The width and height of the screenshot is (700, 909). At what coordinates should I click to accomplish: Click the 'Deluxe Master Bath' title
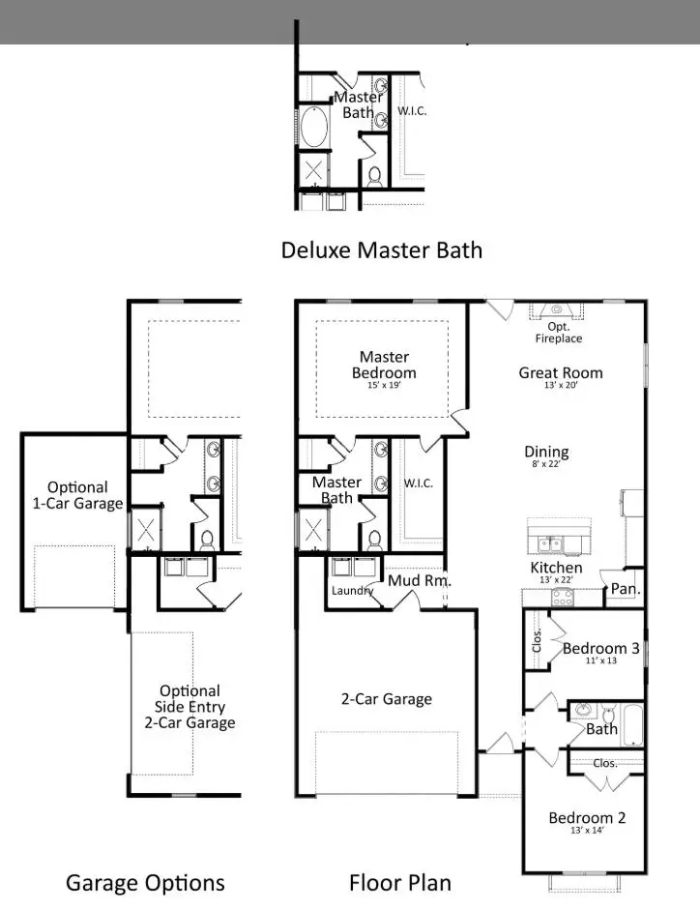pos(381,250)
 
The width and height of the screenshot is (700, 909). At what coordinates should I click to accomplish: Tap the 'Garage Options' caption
pos(145,882)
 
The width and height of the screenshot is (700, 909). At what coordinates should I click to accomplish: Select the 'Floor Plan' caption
pos(399,882)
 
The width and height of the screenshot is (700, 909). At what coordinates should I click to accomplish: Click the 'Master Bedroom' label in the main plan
pos(384,366)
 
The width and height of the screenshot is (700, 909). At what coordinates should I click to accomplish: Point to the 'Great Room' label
pos(560,373)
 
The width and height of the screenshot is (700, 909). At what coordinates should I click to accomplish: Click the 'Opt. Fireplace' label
pos(558,333)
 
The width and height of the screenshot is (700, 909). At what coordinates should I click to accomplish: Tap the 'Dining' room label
pos(546,453)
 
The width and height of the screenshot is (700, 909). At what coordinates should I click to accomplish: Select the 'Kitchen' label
pos(556,568)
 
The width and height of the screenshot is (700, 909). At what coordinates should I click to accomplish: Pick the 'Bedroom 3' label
pos(600,649)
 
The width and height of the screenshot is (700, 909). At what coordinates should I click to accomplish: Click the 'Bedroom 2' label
pos(587,818)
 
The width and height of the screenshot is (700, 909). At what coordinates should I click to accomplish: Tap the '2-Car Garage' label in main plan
pos(386,699)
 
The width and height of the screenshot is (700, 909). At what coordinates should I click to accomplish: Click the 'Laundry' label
pos(352,591)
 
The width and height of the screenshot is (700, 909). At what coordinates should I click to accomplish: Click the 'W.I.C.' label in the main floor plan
pos(418,483)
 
